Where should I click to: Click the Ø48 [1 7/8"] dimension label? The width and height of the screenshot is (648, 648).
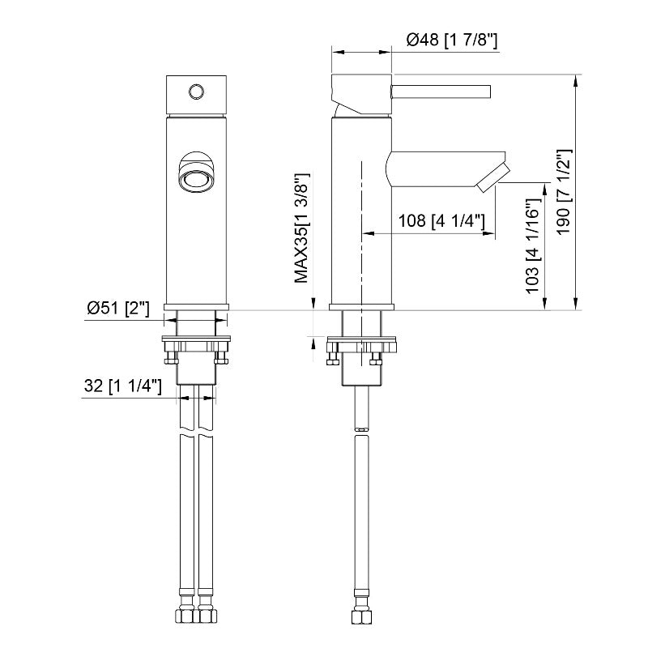pyautogui.click(x=452, y=40)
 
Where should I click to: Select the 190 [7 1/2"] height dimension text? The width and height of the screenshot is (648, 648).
pyautogui.click(x=563, y=192)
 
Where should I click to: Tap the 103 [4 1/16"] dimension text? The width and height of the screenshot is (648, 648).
pyautogui.click(x=533, y=246)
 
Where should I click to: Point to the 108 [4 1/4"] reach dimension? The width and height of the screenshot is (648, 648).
pyautogui.click(x=441, y=220)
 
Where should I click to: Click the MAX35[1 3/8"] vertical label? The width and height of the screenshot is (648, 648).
pyautogui.click(x=301, y=228)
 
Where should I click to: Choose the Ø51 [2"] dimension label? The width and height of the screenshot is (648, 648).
pyautogui.click(x=117, y=308)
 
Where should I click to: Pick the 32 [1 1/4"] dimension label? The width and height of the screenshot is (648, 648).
pyautogui.click(x=123, y=386)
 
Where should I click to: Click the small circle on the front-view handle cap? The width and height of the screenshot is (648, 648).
pyautogui.click(x=196, y=92)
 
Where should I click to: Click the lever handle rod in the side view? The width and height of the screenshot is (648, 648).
pyautogui.click(x=441, y=92)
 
